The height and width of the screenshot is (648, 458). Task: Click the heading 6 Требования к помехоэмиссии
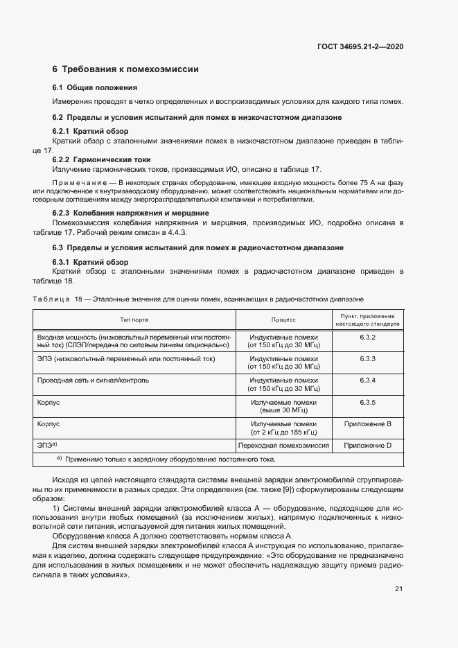[125, 69]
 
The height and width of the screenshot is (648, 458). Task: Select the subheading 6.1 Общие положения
[94, 87]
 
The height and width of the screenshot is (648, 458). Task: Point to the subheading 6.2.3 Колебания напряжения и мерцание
[131, 212]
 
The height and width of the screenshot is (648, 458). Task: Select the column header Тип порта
[134, 319]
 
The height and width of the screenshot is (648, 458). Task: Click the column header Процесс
[283, 319]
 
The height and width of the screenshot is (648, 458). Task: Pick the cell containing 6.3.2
[367, 337]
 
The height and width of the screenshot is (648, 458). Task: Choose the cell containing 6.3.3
[367, 359]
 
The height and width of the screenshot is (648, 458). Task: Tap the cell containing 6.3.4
[367, 380]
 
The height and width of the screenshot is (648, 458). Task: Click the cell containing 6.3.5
[367, 402]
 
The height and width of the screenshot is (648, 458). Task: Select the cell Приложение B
[367, 423]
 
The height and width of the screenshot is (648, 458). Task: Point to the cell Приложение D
[367, 445]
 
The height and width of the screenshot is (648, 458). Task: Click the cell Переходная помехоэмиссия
[283, 445]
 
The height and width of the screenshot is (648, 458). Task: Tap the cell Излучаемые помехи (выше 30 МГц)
[283, 406]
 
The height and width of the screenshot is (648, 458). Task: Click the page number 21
[398, 589]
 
